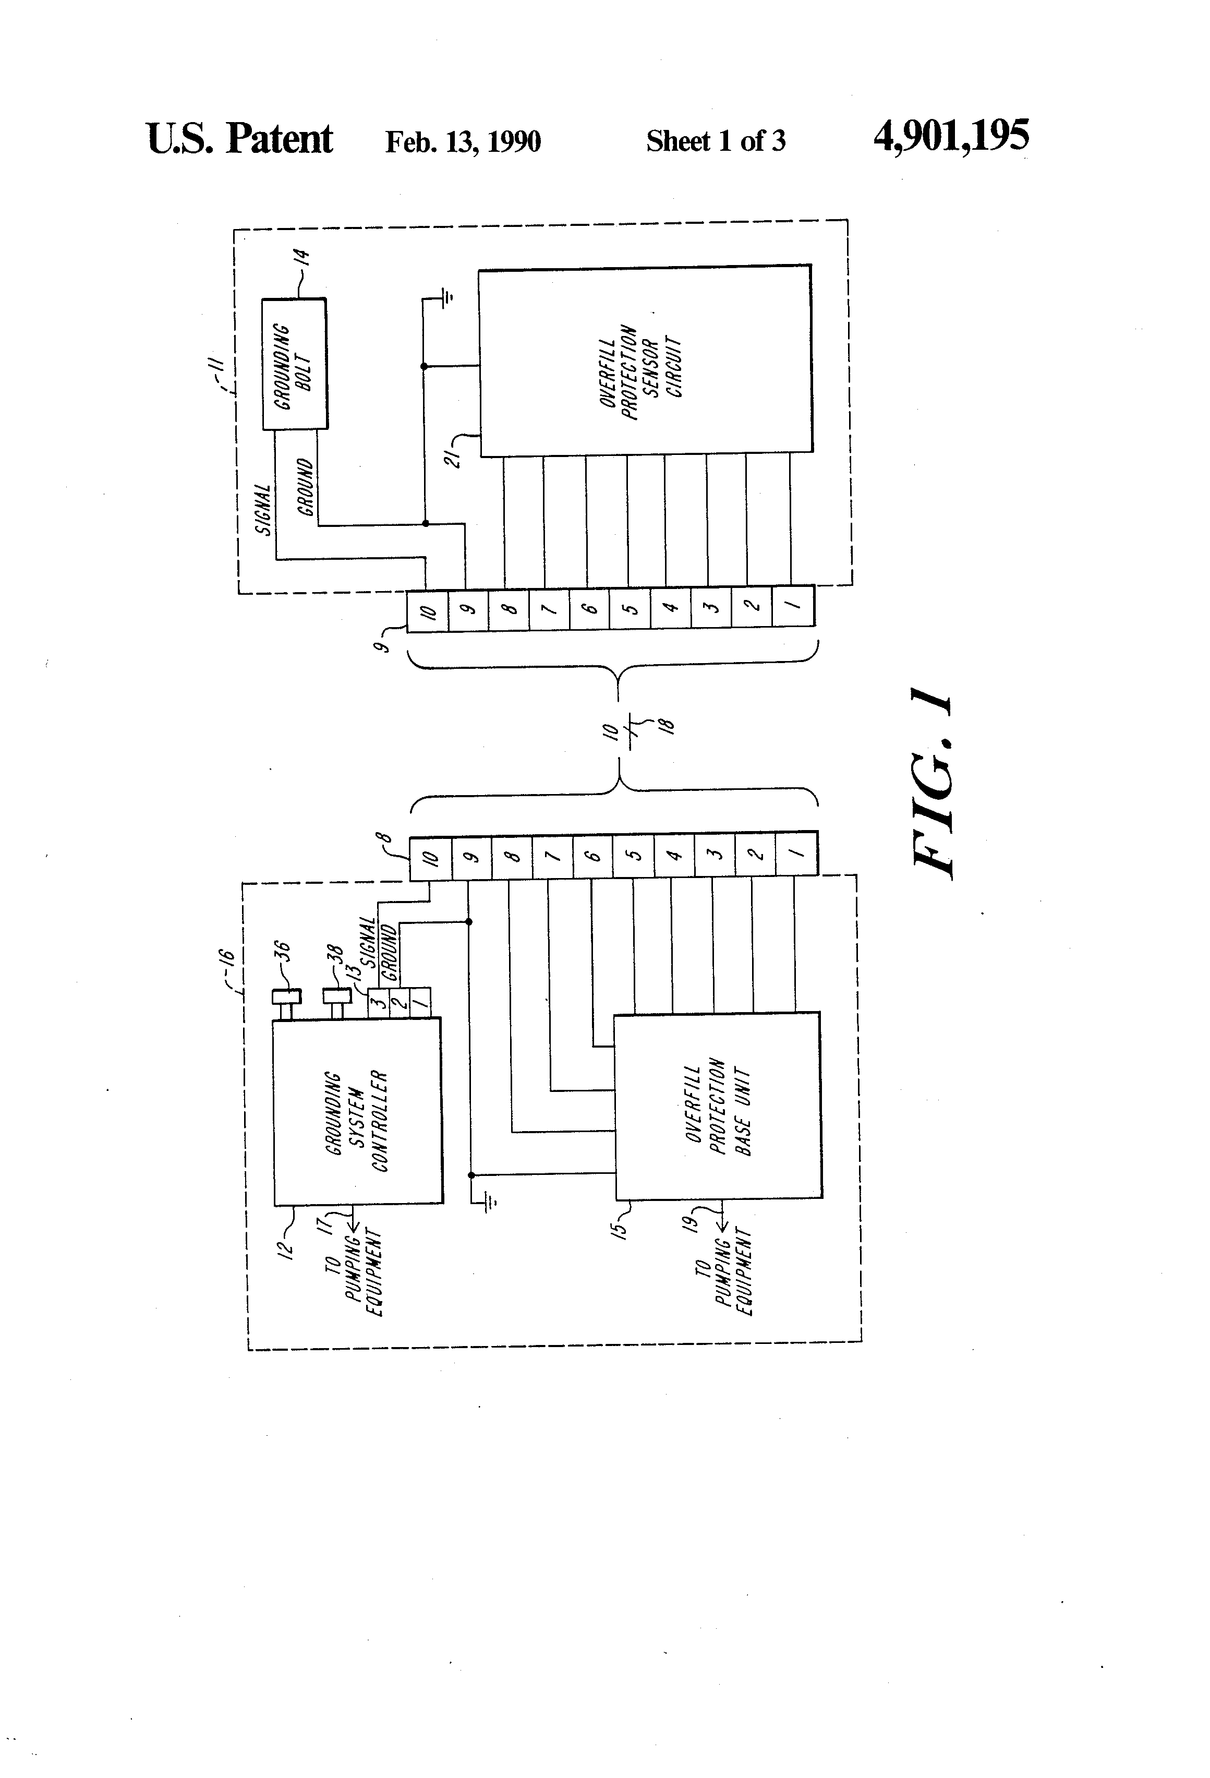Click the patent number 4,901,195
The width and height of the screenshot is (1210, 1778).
(951, 137)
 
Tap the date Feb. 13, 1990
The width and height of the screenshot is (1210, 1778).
(463, 141)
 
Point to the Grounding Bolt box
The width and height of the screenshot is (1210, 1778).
(295, 364)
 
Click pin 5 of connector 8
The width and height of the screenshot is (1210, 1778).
(634, 855)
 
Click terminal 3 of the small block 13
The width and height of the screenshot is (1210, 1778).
(377, 1002)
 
